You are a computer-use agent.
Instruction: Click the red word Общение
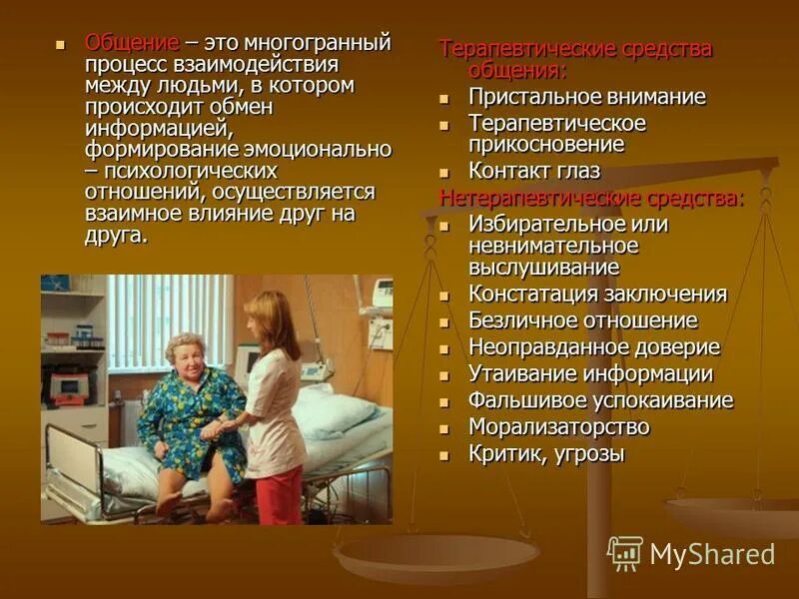(x=132, y=43)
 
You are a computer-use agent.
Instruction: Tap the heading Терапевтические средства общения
(x=576, y=59)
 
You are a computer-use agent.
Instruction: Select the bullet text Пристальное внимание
(x=586, y=97)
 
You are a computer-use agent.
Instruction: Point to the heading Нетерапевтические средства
(x=591, y=197)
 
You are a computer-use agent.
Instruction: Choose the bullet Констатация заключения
(x=597, y=295)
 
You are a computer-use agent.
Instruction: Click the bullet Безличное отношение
(x=582, y=321)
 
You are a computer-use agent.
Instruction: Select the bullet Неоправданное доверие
(x=593, y=347)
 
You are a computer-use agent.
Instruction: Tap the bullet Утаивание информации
(x=590, y=374)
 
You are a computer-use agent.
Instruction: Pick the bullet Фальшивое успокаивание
(x=600, y=401)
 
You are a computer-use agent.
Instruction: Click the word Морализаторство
(x=558, y=427)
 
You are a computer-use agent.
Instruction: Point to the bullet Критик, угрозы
(x=546, y=454)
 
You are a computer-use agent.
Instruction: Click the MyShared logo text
(x=712, y=554)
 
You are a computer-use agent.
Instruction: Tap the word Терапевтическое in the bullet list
(x=556, y=124)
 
